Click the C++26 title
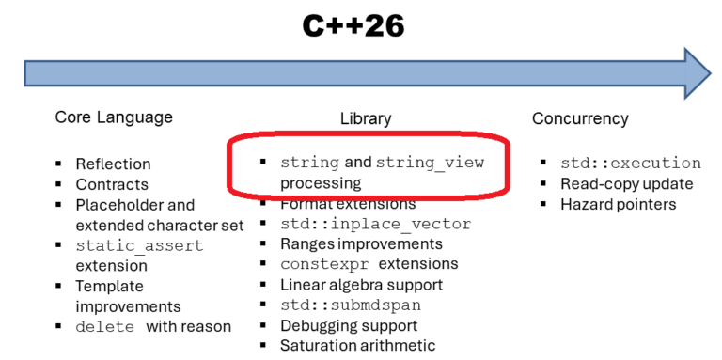click(353, 25)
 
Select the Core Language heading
click(114, 117)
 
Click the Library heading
click(365, 118)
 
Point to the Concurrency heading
click(580, 118)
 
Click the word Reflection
click(113, 164)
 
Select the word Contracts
click(112, 184)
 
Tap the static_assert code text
click(139, 245)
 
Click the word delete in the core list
click(105, 327)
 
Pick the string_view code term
click(430, 163)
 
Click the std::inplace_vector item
click(375, 224)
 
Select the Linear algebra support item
click(361, 285)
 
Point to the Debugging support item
click(349, 325)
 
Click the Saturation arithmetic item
click(357, 346)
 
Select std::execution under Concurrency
click(630, 163)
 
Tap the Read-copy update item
click(626, 183)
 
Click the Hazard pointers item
click(618, 204)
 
